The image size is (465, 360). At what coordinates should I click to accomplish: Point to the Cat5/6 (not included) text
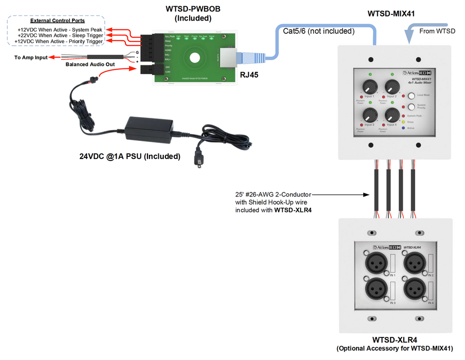(x=319, y=31)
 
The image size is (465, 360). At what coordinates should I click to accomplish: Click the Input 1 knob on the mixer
(x=368, y=86)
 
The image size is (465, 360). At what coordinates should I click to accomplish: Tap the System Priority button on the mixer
(x=412, y=106)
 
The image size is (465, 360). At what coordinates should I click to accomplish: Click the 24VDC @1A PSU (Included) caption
(x=129, y=156)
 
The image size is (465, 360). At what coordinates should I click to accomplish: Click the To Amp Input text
(x=31, y=57)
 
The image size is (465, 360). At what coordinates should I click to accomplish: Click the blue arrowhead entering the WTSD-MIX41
(x=410, y=38)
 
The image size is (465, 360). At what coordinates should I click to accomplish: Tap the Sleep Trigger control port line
(x=59, y=35)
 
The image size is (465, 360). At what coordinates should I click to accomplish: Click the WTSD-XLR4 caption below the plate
(x=394, y=340)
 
